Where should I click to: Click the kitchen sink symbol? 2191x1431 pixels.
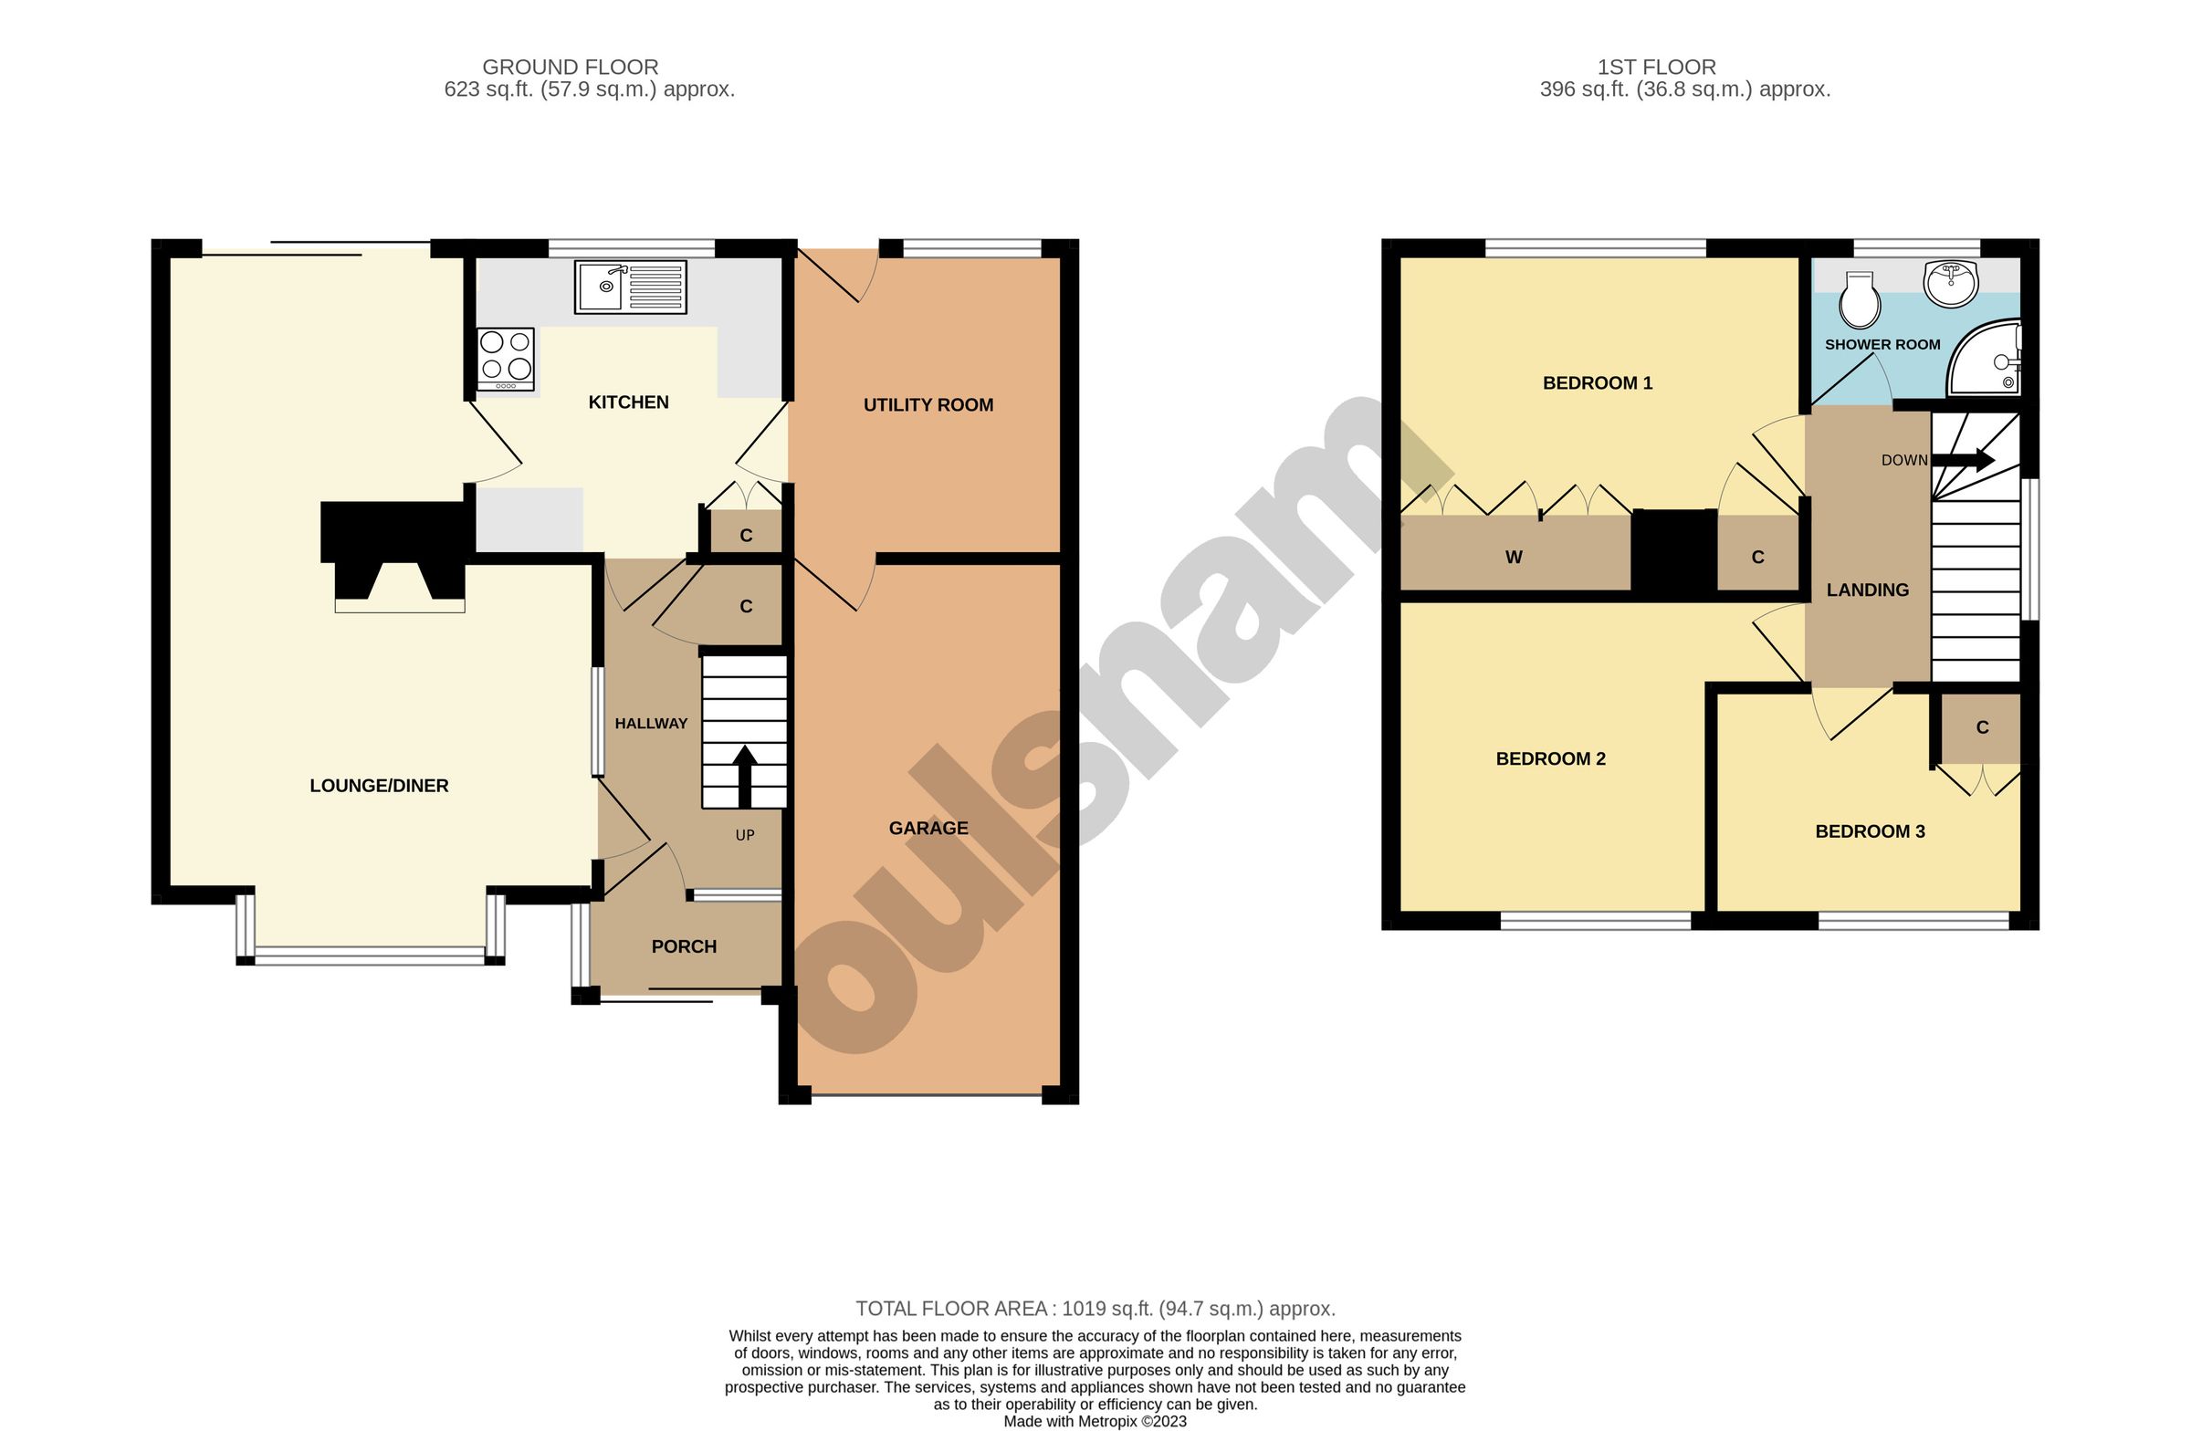pos(631,287)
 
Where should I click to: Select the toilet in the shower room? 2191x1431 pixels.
pos(1859,300)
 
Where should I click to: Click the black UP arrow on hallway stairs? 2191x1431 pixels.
pos(744,776)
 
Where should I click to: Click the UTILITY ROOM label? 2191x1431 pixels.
pos(928,405)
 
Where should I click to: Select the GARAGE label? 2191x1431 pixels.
pos(928,829)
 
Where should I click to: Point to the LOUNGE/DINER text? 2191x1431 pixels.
pos(379,786)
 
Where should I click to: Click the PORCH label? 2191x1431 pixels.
pos(683,947)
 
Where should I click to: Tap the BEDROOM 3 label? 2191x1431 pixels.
pos(1870,832)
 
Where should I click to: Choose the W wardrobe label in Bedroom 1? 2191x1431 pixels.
pos(1514,557)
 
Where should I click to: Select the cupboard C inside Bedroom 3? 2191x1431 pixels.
pos(1982,728)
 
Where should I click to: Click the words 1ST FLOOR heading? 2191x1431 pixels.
pos(1656,68)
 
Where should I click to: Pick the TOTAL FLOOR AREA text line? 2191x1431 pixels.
pos(1095,1309)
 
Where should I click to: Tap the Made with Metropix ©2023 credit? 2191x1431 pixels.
pos(1095,1422)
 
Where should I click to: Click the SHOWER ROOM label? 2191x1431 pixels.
pos(1882,344)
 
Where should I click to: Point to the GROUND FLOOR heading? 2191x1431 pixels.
pos(570,68)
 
